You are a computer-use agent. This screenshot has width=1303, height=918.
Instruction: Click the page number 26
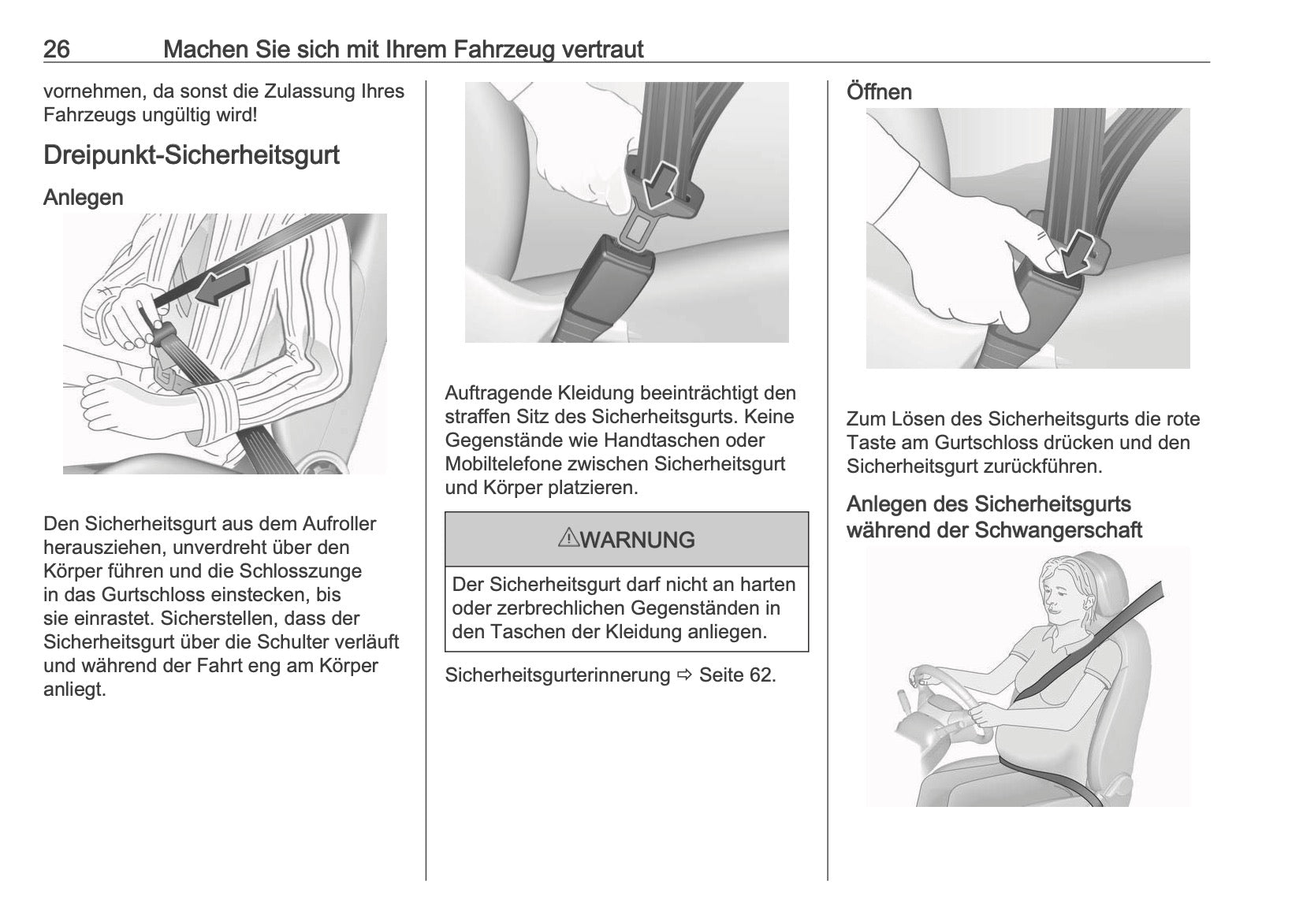[x=57, y=50]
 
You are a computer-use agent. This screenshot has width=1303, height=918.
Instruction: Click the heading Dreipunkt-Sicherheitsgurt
[x=192, y=155]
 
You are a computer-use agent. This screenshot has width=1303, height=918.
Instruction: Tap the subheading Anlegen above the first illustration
[x=84, y=198]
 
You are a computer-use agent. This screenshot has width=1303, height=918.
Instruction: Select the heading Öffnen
[x=879, y=92]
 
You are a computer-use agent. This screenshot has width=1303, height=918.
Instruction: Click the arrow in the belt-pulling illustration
[x=223, y=286]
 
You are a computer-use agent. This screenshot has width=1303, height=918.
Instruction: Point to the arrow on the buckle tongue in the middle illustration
[x=661, y=185]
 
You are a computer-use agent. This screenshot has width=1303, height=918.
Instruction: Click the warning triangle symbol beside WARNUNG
[x=568, y=538]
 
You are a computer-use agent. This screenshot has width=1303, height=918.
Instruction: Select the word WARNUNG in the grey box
[x=638, y=540]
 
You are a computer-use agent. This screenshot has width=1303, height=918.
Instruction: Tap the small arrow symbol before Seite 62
[x=685, y=675]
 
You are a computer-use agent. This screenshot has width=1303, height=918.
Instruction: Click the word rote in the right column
[x=1178, y=419]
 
